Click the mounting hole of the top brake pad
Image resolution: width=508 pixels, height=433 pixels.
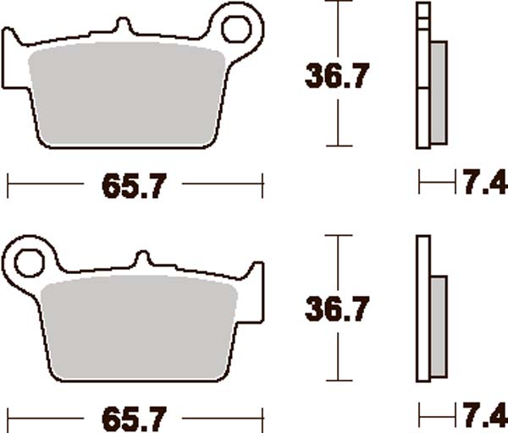point(235,28)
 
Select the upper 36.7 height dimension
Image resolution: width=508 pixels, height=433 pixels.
point(336,77)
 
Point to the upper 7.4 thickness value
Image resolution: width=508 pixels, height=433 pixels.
point(485,181)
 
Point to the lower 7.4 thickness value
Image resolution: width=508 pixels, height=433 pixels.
point(485,415)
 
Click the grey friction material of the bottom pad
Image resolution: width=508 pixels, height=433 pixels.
point(140,330)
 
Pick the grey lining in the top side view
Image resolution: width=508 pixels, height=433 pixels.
point(439,93)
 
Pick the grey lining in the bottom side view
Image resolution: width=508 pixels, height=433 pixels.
point(439,326)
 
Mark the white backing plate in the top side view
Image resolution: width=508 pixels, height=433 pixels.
point(422,76)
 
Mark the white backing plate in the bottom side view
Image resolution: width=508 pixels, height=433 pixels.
point(422,313)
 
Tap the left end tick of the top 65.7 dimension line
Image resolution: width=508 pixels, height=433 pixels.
point(8,183)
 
